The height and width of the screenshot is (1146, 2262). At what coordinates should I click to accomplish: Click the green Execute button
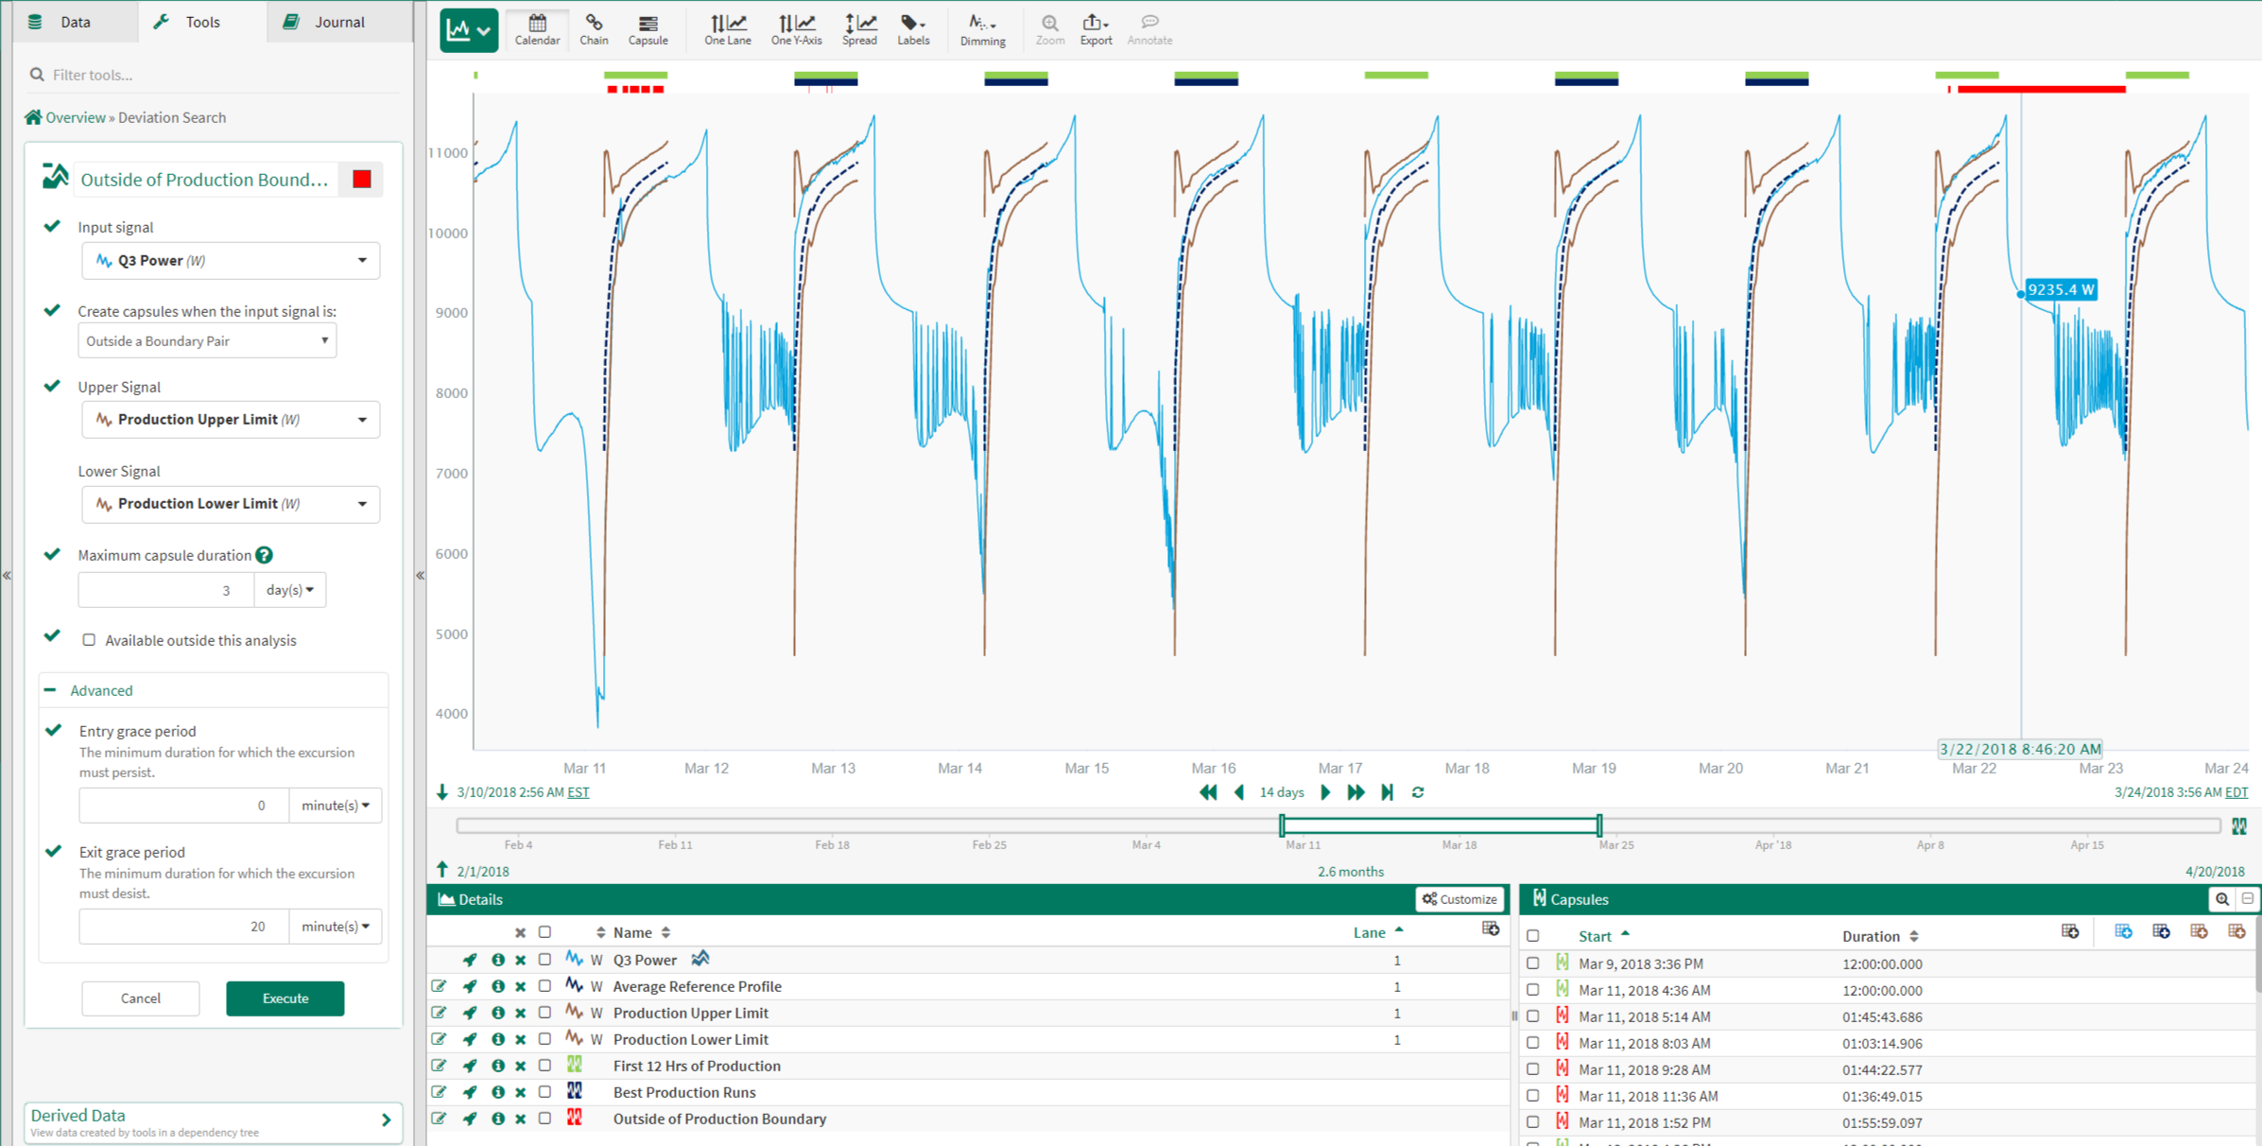click(x=285, y=998)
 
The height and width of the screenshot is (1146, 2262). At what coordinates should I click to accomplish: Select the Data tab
click(x=75, y=22)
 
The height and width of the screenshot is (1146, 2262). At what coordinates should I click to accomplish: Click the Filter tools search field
click(x=217, y=75)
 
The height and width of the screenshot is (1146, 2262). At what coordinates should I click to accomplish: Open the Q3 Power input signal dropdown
click(x=231, y=261)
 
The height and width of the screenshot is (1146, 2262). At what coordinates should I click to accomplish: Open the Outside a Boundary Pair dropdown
click(x=207, y=341)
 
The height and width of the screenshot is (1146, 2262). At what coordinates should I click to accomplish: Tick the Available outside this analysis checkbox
click(x=89, y=640)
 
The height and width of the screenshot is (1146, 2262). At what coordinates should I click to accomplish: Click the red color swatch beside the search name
click(x=362, y=180)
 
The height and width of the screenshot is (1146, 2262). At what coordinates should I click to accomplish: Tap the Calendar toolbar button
click(x=537, y=29)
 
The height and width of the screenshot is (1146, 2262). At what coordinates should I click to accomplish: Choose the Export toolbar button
click(x=1096, y=29)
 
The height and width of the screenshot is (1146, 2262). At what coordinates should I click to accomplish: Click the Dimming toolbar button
click(x=982, y=29)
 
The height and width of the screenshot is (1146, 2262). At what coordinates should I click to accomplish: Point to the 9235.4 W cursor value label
click(x=2061, y=289)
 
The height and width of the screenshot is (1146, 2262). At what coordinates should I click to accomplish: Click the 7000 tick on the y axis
click(x=451, y=474)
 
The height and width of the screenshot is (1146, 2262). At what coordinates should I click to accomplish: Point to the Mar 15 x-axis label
click(x=1086, y=768)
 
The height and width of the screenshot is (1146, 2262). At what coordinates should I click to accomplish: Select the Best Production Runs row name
click(x=684, y=1092)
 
